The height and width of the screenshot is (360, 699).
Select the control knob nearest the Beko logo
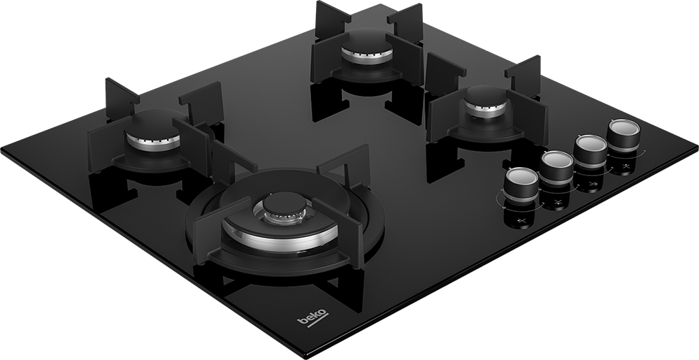(x=521, y=184)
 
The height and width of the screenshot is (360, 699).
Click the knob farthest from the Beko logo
(x=624, y=135)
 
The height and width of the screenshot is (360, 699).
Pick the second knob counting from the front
(x=556, y=167)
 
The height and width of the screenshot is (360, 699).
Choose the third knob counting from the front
(x=590, y=150)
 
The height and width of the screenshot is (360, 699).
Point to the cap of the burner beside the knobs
(x=487, y=96)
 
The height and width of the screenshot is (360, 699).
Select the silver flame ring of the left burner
(x=153, y=142)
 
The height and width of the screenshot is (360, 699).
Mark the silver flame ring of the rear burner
(x=368, y=57)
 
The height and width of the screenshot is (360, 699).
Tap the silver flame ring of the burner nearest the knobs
(x=486, y=110)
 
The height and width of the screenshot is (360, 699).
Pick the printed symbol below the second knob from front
(x=557, y=203)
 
